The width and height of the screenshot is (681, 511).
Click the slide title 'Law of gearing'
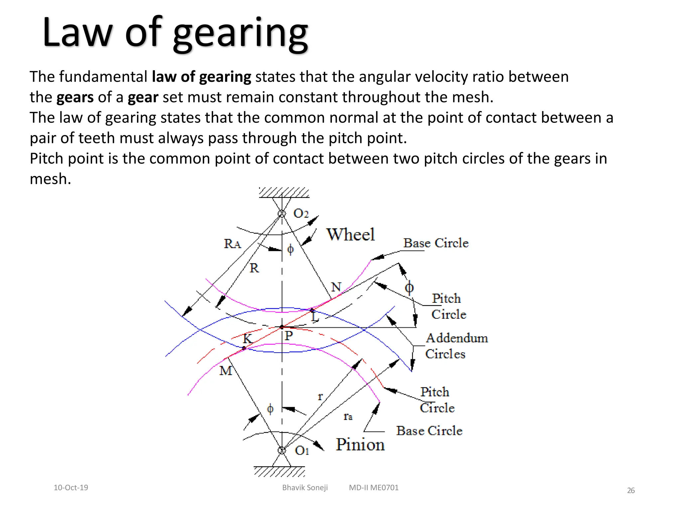pyautogui.click(x=175, y=33)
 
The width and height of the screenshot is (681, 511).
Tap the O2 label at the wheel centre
pyautogui.click(x=301, y=214)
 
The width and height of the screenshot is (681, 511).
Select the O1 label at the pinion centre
pyautogui.click(x=302, y=451)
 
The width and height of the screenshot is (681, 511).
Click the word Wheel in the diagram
pyautogui.click(x=350, y=235)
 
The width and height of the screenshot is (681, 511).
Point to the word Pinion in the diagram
pyautogui.click(x=360, y=444)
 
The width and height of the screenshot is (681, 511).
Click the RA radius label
pyautogui.click(x=232, y=244)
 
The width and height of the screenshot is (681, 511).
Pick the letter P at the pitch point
pyautogui.click(x=289, y=335)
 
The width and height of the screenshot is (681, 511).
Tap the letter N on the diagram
pyautogui.click(x=336, y=287)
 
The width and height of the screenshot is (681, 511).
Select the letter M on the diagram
pyautogui.click(x=226, y=371)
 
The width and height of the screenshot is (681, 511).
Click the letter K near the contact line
pyautogui.click(x=248, y=339)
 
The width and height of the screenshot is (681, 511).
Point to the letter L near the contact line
pyautogui.click(x=315, y=317)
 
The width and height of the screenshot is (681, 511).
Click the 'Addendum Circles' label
pyautogui.click(x=456, y=346)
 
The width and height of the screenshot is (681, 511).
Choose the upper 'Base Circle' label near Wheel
pyautogui.click(x=436, y=243)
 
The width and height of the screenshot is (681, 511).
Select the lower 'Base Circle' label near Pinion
pyautogui.click(x=429, y=431)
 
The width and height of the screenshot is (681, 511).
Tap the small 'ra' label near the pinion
pyautogui.click(x=348, y=416)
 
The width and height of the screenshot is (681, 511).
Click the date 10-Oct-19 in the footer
pyautogui.click(x=71, y=488)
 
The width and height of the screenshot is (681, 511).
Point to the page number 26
pyautogui.click(x=631, y=490)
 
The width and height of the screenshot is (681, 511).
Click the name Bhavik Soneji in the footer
pyautogui.click(x=305, y=488)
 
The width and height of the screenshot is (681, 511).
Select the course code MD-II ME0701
pyautogui.click(x=374, y=488)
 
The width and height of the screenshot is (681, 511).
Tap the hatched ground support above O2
pyautogui.click(x=284, y=193)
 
